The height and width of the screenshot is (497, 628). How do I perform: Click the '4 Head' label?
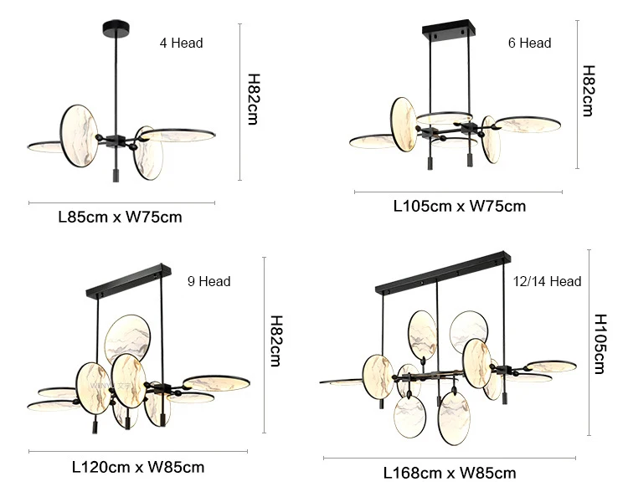click(x=181, y=43)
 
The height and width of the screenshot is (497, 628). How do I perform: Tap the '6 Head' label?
click(x=529, y=43)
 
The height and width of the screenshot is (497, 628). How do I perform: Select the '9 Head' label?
click(x=208, y=282)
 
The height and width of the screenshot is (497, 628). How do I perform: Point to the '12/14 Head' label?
click(x=547, y=282)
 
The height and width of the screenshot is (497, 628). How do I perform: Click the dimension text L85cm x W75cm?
click(x=120, y=218)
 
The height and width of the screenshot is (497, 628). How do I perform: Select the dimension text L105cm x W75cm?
click(x=460, y=206)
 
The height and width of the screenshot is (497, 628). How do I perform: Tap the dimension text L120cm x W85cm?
click(x=138, y=467)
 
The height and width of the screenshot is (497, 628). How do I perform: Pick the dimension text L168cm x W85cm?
click(x=450, y=473)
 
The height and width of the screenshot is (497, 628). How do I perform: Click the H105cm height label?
click(x=600, y=344)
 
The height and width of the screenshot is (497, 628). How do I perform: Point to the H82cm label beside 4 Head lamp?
click(x=253, y=100)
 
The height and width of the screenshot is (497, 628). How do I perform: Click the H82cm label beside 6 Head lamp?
click(x=588, y=90)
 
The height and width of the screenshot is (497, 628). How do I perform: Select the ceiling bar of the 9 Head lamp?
click(x=129, y=282)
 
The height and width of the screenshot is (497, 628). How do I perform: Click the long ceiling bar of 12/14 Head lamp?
click(x=442, y=273)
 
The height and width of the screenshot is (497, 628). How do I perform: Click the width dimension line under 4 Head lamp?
click(x=121, y=202)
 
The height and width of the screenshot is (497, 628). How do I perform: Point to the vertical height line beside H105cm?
click(x=588, y=342)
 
